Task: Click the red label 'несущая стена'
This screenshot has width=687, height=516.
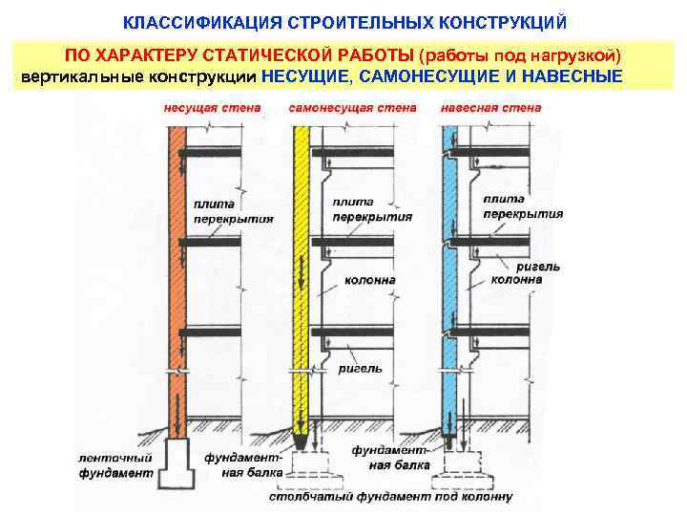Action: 211,108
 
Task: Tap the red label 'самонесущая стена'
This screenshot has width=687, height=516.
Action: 352,108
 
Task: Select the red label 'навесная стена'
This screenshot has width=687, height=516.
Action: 490,108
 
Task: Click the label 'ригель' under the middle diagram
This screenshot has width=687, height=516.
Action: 362,368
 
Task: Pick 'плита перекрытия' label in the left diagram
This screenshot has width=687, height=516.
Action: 233,211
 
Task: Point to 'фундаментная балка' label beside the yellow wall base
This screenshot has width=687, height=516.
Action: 244,464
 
